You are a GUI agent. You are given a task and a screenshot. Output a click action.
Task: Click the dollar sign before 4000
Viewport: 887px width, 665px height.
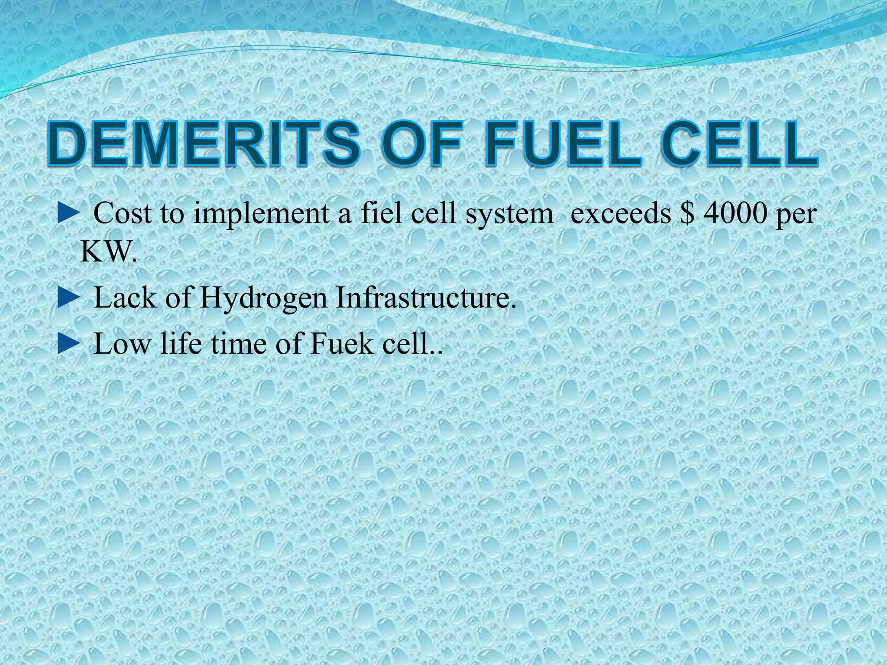click(686, 213)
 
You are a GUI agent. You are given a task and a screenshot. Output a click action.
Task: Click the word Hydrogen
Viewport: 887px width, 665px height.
click(263, 299)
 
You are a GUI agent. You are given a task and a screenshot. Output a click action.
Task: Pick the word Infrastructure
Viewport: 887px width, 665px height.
click(427, 299)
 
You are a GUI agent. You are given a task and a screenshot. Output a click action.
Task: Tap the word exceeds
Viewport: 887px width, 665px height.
click(621, 213)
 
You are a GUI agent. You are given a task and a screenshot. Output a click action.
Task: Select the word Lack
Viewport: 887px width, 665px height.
click(125, 299)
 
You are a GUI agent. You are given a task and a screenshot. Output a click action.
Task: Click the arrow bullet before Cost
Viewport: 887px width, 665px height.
click(68, 213)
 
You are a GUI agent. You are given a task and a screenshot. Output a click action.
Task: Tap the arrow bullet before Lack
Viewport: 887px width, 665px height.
click(68, 299)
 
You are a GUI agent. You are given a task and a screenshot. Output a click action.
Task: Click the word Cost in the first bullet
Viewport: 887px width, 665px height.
click(123, 213)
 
